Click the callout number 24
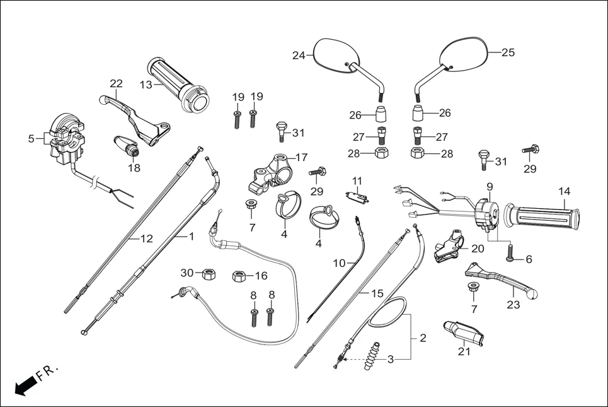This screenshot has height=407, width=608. pyautogui.click(x=298, y=56)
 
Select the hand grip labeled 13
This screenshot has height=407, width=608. pyautogui.click(x=178, y=85)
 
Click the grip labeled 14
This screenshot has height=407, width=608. pyautogui.click(x=546, y=217)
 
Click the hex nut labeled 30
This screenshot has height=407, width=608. pyautogui.click(x=206, y=274)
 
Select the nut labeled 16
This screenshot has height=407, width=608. pyautogui.click(x=239, y=276)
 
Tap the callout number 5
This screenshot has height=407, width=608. pyautogui.click(x=32, y=138)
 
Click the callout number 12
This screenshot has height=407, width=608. pyautogui.click(x=146, y=239)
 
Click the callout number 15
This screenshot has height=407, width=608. pyautogui.click(x=377, y=294)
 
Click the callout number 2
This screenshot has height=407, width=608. pyautogui.click(x=423, y=338)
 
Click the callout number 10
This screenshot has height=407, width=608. pyautogui.click(x=340, y=263)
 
